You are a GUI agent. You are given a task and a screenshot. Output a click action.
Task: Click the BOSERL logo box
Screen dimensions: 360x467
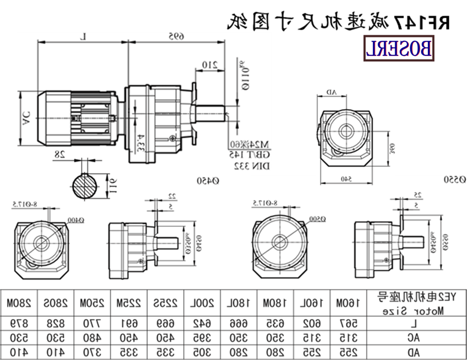click(400, 47)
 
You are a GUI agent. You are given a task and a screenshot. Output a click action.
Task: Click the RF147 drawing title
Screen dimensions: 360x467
click(339, 22)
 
